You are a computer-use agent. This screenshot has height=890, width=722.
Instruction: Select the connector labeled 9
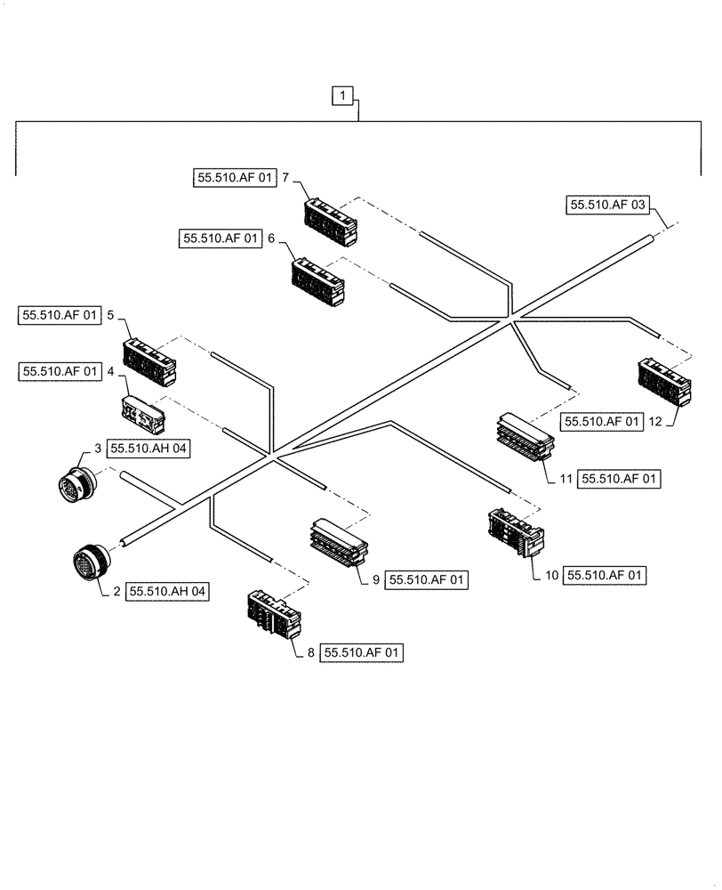pos(338,543)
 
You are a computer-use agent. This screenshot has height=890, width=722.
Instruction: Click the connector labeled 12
pos(662,381)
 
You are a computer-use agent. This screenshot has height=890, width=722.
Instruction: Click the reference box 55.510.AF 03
pos(606,206)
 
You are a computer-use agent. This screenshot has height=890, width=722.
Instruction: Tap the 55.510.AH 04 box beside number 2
pos(169,590)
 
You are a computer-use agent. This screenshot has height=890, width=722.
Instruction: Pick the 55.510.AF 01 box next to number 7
pos(234,177)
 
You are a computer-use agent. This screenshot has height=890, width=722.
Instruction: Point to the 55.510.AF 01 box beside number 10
pos(605,576)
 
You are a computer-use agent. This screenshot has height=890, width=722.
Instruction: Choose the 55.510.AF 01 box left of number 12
pos(600,421)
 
